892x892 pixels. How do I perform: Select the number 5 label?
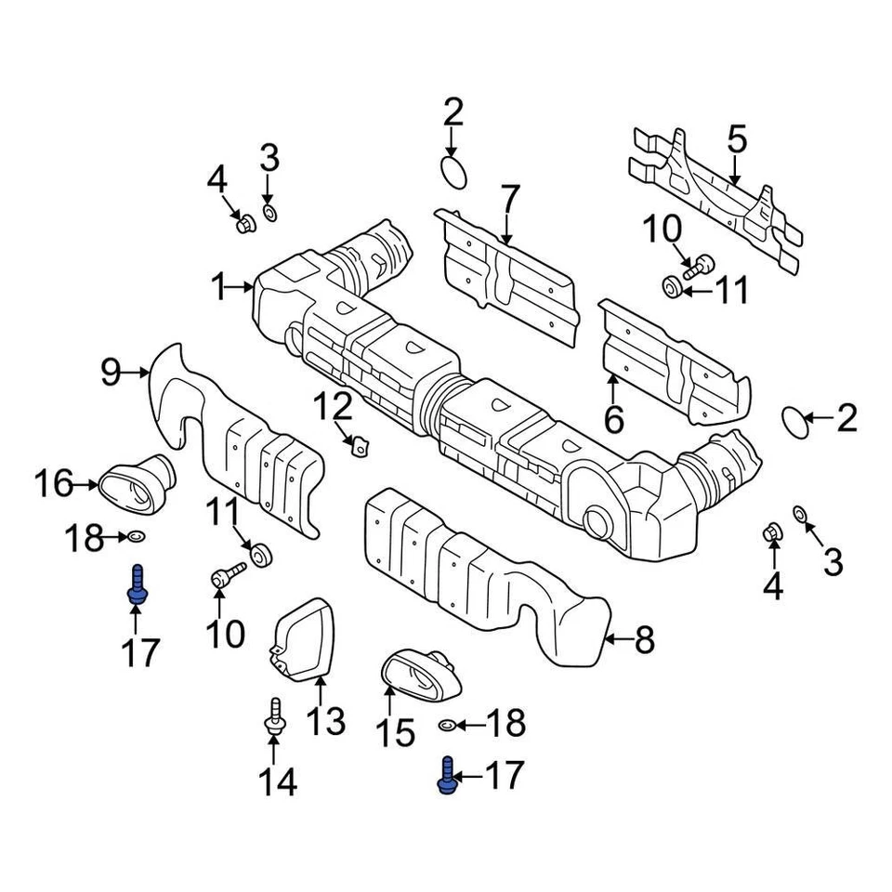[736, 141]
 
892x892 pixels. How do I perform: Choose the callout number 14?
[277, 782]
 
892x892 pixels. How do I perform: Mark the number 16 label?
[53, 483]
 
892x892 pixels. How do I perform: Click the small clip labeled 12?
[357, 447]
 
